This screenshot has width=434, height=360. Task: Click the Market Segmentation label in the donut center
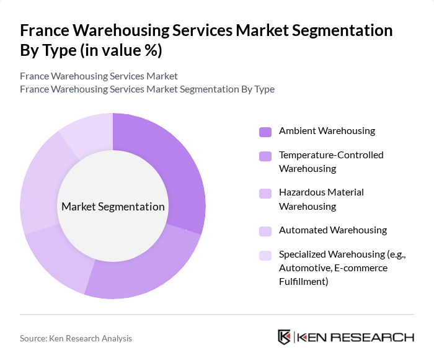[x=112, y=207]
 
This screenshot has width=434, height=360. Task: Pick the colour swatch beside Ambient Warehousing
[x=265, y=132]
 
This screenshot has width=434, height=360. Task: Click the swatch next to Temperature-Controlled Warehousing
[x=265, y=156]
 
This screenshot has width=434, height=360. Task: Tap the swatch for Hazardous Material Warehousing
[x=265, y=193]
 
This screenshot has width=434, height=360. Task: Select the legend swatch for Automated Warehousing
[x=265, y=231]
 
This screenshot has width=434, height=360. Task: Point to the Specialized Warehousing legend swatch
[x=265, y=255]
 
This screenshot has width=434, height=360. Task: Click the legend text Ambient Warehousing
[x=327, y=131]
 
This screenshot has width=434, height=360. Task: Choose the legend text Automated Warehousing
[x=332, y=230]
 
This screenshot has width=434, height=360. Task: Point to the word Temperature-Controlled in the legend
[x=331, y=155]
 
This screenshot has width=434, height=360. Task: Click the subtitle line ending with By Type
[x=147, y=89]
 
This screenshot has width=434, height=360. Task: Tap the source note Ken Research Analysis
[x=76, y=338]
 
